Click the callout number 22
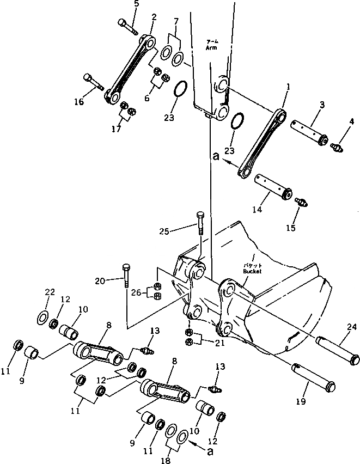coord(50,292)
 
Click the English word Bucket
coord(253,271)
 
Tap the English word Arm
coord(211,48)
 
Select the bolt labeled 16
coord(93,82)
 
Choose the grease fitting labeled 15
coord(301,203)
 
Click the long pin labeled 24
coord(338,349)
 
